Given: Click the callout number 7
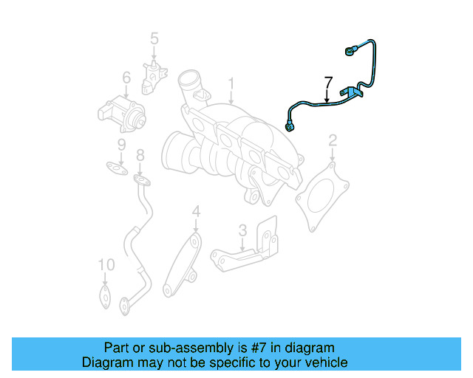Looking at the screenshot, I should (x=328, y=82).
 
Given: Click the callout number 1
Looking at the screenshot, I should (x=231, y=83).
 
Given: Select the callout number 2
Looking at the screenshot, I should (x=333, y=140).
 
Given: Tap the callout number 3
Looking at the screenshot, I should (x=242, y=230).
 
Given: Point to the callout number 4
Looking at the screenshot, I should (x=196, y=213).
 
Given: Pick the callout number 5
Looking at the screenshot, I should (x=154, y=38).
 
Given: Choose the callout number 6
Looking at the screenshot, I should (x=126, y=77).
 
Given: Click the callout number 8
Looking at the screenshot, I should (x=139, y=155).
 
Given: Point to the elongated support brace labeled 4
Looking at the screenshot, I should (x=181, y=266).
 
